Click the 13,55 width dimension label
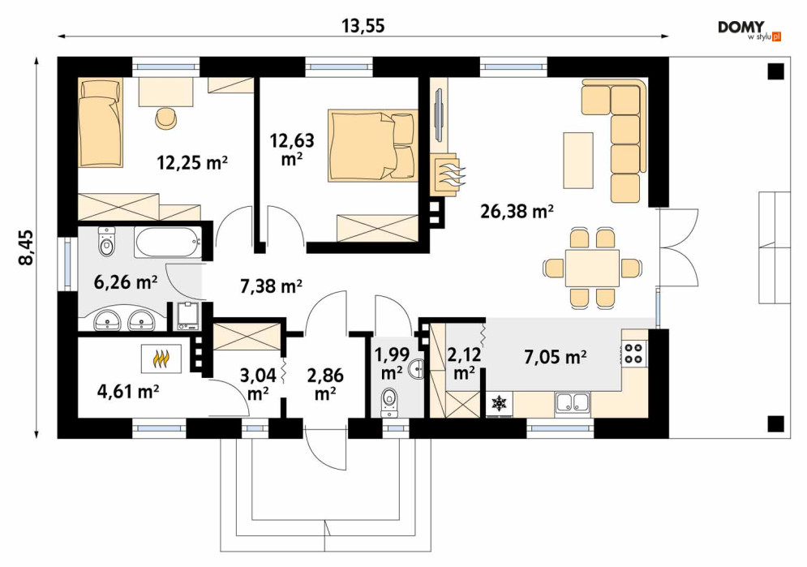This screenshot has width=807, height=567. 363,26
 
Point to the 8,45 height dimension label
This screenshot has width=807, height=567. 26,247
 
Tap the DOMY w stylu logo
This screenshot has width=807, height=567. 749,30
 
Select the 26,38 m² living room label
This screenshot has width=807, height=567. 517,211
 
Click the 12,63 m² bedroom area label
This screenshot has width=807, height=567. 292,148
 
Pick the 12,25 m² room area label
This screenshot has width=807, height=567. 192,163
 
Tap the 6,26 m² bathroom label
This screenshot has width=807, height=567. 126,282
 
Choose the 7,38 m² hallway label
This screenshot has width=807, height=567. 271,286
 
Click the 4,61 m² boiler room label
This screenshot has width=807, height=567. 127,392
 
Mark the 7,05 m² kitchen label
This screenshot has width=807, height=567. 556,357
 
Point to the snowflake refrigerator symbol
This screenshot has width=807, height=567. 499,403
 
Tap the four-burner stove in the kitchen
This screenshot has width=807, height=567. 634,353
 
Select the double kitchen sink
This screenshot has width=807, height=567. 573,402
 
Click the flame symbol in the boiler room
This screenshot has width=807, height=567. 161,359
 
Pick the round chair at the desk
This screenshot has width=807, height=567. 166,118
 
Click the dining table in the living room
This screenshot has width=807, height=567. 592,268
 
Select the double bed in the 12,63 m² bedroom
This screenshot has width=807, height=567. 372,145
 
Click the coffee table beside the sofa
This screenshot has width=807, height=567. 578,160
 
